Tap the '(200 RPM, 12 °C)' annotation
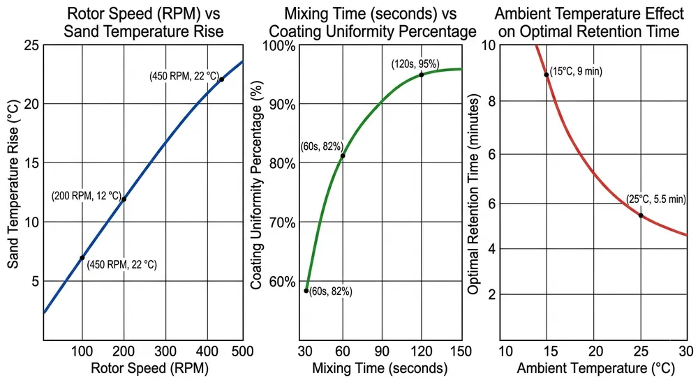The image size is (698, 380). point(87,197)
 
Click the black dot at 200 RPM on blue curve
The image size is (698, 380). point(124,199)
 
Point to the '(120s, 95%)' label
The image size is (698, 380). point(415,64)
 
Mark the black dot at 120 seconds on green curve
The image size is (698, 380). point(421,75)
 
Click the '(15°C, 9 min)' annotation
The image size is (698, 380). point(577,71)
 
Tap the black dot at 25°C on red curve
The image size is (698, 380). point(640,215)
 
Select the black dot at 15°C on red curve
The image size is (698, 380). point(547,75)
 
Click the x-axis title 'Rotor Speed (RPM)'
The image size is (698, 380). point(143,367)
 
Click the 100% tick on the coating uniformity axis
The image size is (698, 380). point(281,45)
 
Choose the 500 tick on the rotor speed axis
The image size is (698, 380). point(242,350)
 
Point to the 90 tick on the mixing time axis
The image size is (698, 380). point(381,350)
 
